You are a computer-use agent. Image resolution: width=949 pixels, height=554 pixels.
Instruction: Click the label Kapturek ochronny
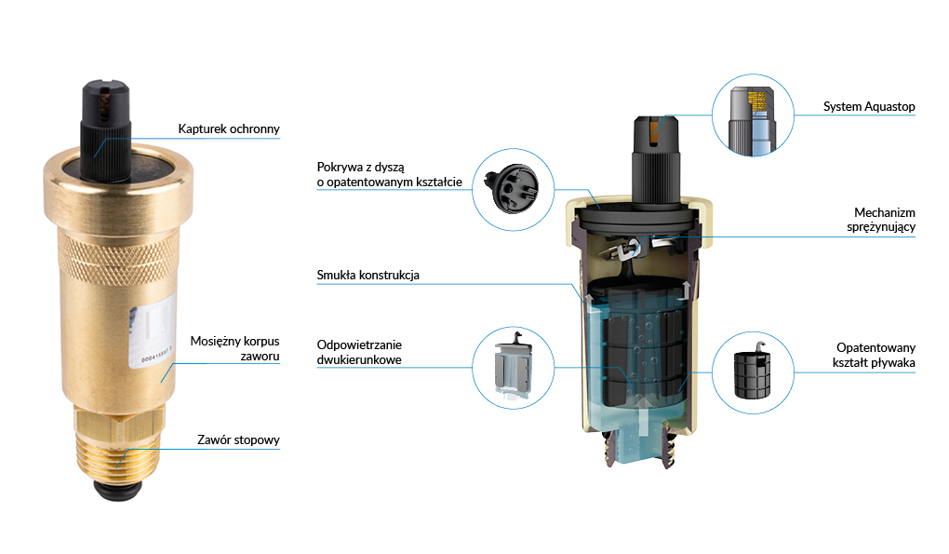(228, 128)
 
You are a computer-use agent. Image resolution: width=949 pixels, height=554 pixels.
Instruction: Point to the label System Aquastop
(869, 107)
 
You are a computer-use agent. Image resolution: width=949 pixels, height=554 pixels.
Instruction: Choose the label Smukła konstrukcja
(368, 276)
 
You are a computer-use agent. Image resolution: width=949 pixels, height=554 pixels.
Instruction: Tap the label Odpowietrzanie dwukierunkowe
(359, 350)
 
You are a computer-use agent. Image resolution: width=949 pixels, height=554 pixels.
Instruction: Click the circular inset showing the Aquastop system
(753, 115)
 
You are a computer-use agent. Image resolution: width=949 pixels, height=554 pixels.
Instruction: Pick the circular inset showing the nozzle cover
(514, 187)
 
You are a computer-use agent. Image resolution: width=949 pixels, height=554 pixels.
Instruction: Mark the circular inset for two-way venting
(513, 366)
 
